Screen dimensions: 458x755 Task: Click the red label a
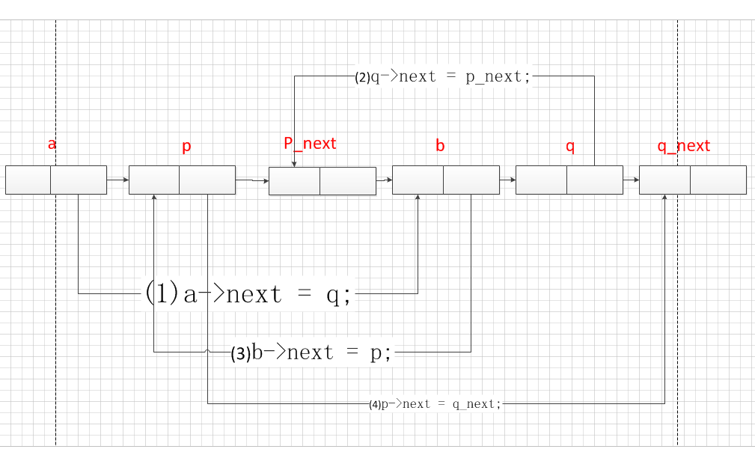[52, 144]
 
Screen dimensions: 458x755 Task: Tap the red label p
[186, 147]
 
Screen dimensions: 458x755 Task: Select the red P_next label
[310, 143]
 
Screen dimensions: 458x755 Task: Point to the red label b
[440, 145]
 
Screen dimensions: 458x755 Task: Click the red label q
[570, 147]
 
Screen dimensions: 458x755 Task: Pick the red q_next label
[684, 145]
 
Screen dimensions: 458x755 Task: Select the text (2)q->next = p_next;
[443, 77]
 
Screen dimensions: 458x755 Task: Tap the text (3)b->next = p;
[311, 353]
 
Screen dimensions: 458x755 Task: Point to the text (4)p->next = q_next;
[435, 404]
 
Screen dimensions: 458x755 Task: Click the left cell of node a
[28, 180]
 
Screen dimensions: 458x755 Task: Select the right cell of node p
[207, 180]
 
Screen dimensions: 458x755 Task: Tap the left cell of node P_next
[294, 181]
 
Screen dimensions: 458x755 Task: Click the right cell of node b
[471, 180]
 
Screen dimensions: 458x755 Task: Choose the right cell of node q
[595, 180]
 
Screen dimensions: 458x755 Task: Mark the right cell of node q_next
[718, 180]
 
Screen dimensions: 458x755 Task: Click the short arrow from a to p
[117, 180]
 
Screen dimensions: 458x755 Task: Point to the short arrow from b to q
[507, 180]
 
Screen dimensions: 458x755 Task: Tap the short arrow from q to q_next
[631, 180]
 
